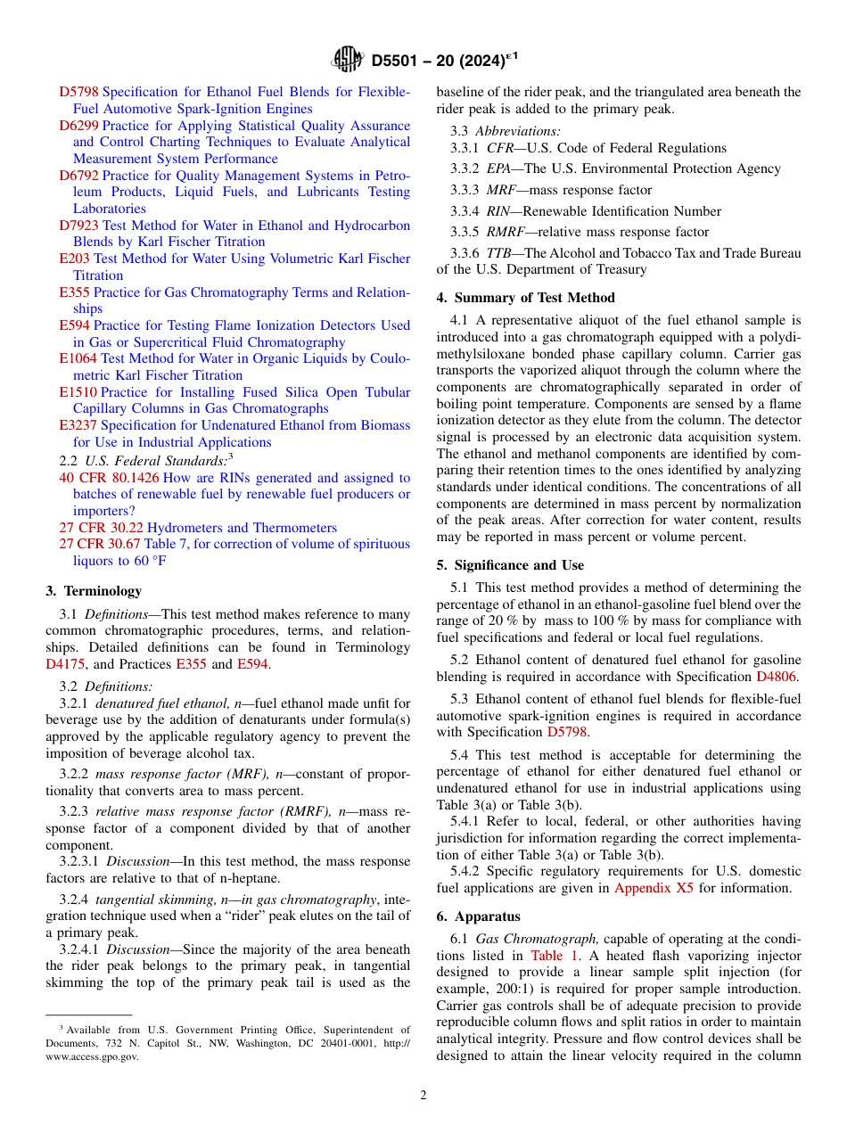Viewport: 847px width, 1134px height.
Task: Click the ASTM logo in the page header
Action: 347,61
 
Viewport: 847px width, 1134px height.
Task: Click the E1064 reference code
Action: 77,358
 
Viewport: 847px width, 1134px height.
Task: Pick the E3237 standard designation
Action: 78,425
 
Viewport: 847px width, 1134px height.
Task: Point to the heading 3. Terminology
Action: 94,590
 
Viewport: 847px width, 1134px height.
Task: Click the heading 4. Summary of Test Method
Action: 525,298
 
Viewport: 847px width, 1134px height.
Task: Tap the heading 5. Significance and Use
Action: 510,565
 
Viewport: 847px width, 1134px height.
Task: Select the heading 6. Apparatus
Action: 478,916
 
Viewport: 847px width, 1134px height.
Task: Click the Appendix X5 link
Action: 654,888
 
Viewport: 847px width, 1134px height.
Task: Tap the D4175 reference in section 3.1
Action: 65,664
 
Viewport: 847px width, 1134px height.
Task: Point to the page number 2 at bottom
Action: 423,1096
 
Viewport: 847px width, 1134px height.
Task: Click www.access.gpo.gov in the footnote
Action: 92,1056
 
